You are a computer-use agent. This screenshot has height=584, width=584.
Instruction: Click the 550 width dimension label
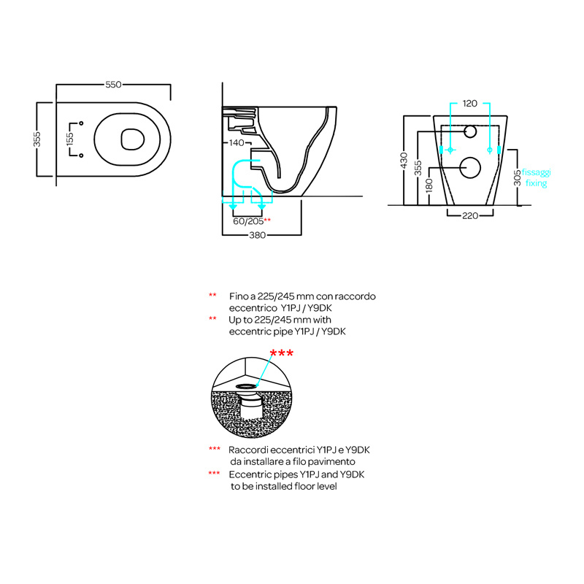(113, 85)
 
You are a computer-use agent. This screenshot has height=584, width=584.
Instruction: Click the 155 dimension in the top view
(70, 139)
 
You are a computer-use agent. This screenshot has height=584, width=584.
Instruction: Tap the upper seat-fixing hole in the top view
(81, 123)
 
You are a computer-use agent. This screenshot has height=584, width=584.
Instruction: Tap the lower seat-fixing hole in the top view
(81, 155)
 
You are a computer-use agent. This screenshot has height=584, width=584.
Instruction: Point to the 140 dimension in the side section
(237, 142)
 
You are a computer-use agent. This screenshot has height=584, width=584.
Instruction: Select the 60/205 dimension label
(248, 221)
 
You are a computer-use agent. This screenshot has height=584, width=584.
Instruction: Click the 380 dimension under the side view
(258, 235)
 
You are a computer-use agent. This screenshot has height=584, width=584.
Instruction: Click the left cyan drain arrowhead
(233, 207)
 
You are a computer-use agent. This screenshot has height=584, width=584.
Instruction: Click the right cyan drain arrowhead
(262, 207)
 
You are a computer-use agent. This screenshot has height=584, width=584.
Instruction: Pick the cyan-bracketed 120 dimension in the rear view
(469, 104)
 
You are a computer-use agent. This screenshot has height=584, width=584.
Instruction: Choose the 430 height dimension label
(404, 160)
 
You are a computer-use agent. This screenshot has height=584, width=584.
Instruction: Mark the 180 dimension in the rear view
(429, 185)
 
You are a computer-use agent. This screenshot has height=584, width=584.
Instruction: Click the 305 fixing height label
(518, 177)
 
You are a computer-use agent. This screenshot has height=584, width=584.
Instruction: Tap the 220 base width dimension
(470, 215)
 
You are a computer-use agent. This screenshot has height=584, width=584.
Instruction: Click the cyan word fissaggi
(536, 172)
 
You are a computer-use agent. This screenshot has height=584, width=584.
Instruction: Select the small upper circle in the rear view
(470, 131)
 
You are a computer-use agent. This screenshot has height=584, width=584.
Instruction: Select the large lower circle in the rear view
(470, 168)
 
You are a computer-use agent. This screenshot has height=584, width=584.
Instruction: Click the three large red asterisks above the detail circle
(282, 353)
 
